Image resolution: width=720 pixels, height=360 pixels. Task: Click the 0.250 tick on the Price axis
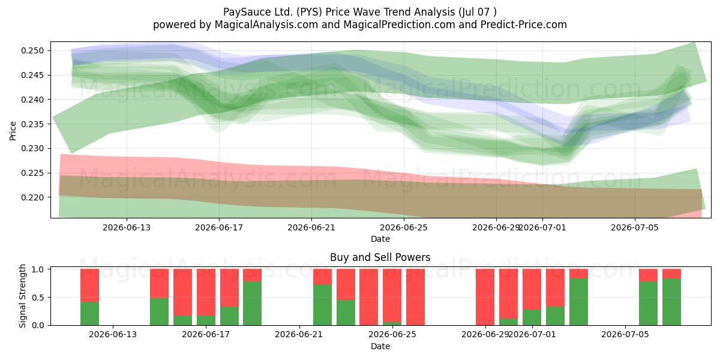pyautogui.click(x=32, y=51)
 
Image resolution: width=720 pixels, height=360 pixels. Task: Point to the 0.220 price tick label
pyautogui.click(x=32, y=197)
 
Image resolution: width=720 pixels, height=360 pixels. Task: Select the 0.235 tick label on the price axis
pyautogui.click(x=32, y=124)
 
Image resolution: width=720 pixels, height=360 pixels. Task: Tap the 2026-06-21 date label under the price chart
pyautogui.click(x=311, y=227)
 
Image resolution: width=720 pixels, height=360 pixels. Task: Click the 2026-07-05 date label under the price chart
pyautogui.click(x=635, y=227)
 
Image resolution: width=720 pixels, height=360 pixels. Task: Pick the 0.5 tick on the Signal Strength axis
pyautogui.click(x=37, y=298)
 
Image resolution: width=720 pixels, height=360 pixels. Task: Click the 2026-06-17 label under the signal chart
pyautogui.click(x=206, y=335)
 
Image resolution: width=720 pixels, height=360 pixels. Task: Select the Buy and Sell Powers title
pyautogui.click(x=380, y=257)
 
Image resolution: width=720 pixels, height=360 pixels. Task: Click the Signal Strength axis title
pyautogui.click(x=22, y=296)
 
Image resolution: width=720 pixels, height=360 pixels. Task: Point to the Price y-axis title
pyautogui.click(x=13, y=131)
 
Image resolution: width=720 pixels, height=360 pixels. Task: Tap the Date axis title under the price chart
pyautogui.click(x=380, y=239)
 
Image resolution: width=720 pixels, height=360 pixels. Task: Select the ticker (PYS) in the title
pyautogui.click(x=309, y=12)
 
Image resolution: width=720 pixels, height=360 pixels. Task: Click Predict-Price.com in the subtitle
pyautogui.click(x=524, y=25)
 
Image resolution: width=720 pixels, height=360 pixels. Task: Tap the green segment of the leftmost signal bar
pyautogui.click(x=89, y=313)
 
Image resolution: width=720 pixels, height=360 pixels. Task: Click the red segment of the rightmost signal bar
pyautogui.click(x=671, y=274)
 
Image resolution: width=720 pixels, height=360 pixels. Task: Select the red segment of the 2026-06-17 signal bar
pyautogui.click(x=206, y=292)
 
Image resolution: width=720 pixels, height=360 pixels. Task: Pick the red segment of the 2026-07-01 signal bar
pyautogui.click(x=532, y=289)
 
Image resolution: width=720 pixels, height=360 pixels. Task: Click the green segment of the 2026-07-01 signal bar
pyautogui.click(x=532, y=317)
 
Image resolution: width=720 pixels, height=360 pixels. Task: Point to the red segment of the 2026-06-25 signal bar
pyautogui.click(x=392, y=295)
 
